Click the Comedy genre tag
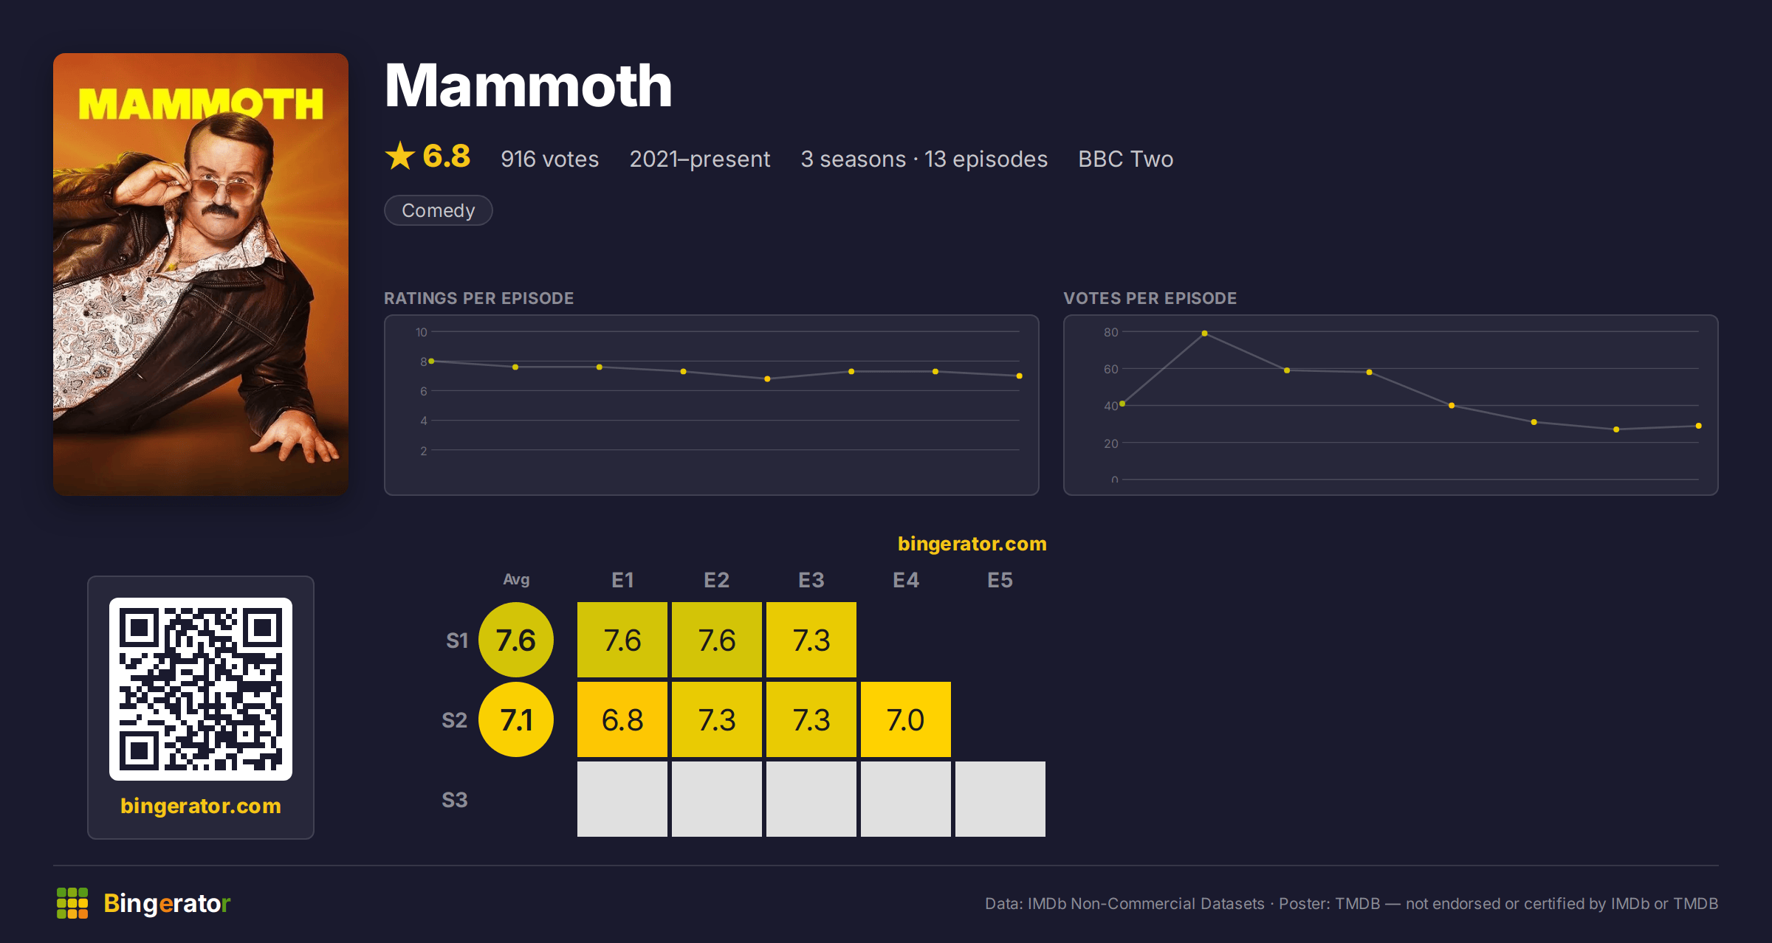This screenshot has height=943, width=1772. pos(438,210)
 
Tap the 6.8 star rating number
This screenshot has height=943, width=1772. pos(446,156)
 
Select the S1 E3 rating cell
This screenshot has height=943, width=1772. pos(811,640)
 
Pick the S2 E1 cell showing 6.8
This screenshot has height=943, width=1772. pos(622,719)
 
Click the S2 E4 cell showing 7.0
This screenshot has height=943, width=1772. pos(906,719)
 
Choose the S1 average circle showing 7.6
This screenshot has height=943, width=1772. pos(516,640)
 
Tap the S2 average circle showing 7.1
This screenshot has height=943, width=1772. pos(516,719)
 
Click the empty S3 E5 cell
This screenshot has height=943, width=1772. pos(1000,799)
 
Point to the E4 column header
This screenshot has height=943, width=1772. pos(906,580)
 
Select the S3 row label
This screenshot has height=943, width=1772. pos(455,800)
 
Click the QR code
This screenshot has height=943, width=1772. pos(201,689)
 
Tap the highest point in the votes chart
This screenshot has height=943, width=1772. pos(1204,334)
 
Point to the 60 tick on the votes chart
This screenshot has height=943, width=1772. pos(1110,369)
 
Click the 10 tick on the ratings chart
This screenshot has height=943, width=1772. pos(421,332)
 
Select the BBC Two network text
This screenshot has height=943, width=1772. pos(1125,159)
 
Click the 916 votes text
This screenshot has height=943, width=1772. pos(549,159)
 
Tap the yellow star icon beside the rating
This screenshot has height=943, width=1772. pos(400,156)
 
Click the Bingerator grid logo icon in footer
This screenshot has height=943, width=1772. pos(72,903)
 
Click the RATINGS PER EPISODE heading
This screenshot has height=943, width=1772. pos(478,298)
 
